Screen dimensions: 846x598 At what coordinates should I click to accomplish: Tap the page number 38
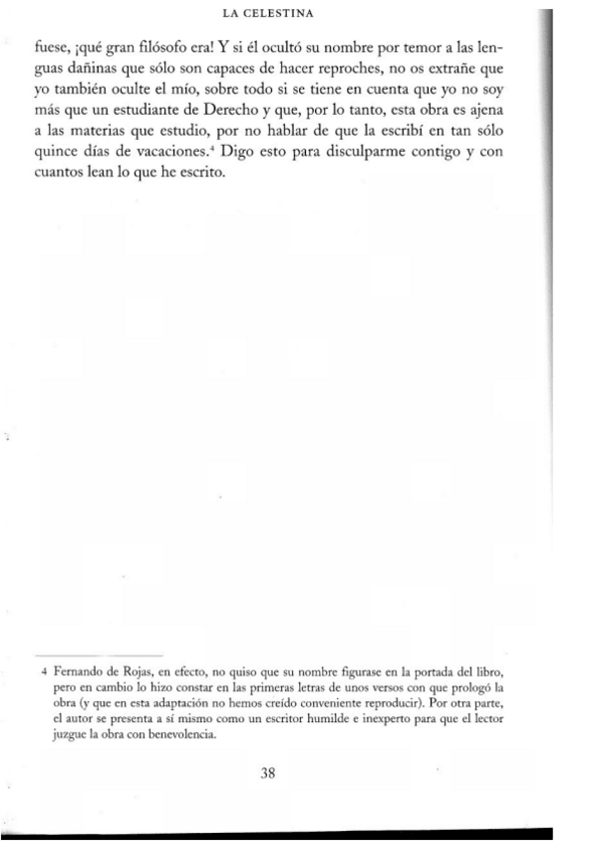[x=266, y=773]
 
